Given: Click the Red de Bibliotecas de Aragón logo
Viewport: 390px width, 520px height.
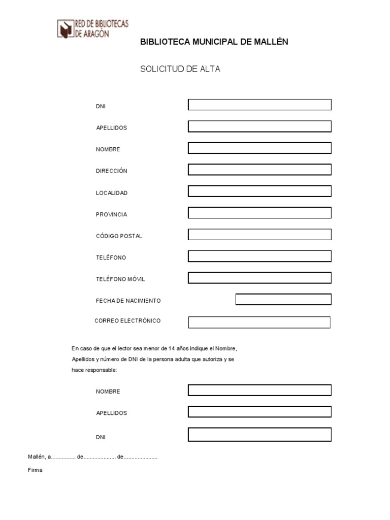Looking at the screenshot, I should [93, 28].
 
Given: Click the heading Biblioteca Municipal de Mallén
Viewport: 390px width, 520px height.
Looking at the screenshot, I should [214, 42].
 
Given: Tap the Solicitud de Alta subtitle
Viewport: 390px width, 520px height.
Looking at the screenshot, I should [180, 69].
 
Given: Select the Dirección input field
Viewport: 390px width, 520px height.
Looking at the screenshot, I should [259, 170].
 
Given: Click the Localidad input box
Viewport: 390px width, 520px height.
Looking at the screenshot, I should [259, 191].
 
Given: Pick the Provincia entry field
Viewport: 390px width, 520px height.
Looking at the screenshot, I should [259, 213].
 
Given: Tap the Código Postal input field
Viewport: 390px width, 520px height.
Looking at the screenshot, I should [259, 235].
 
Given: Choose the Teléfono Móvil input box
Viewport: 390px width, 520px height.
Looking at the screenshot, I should [259, 278].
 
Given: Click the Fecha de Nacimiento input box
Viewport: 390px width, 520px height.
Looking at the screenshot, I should [283, 300].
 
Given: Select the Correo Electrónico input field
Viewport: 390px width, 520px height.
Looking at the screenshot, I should [259, 322].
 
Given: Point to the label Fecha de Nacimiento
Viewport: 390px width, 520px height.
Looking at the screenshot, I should [128, 301].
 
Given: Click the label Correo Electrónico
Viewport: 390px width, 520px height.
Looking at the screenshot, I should [127, 321].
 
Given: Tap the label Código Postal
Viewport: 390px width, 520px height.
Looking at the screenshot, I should [119, 236].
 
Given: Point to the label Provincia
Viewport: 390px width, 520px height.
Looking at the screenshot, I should [111, 214].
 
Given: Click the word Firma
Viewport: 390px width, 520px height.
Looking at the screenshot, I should [35, 470].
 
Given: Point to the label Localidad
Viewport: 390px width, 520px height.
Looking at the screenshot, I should [112, 193].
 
